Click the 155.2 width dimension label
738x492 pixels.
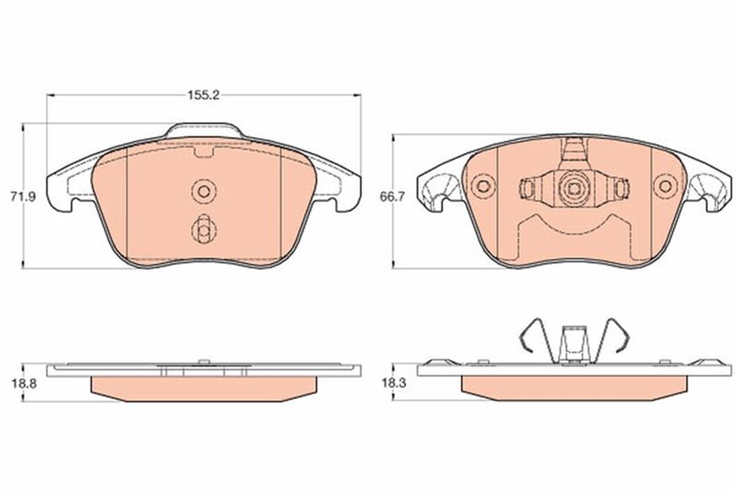point(204,95)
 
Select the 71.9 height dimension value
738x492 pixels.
point(23,197)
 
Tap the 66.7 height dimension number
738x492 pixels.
point(392,197)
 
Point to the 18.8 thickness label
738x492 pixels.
point(25,384)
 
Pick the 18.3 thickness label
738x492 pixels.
point(394,383)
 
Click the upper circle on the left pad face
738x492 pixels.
point(204,192)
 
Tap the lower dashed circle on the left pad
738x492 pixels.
point(204,231)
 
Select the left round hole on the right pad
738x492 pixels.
point(483,187)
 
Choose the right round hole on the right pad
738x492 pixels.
point(665,187)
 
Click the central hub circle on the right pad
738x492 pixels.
point(574,188)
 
